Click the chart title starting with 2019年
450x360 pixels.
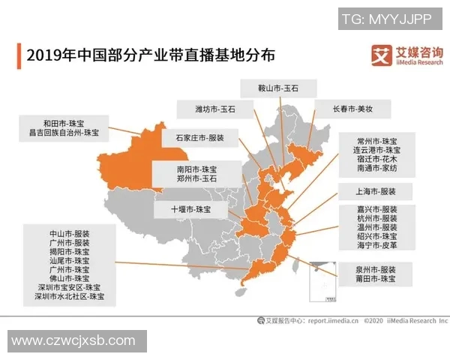click(x=150, y=55)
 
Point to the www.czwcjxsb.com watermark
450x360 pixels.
click(x=73, y=341)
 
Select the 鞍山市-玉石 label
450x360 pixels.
click(x=277, y=88)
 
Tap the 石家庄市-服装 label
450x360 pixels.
click(x=200, y=138)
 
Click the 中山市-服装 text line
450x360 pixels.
click(x=71, y=233)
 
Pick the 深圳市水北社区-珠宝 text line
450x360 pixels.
click(x=71, y=297)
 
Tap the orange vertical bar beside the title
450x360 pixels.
click(x=19, y=55)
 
